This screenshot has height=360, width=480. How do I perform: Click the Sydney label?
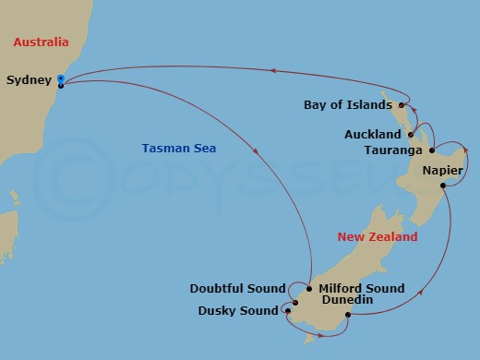(x=28, y=80)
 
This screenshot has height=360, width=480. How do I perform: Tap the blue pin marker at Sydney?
(x=61, y=83)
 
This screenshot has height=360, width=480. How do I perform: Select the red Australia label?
(x=41, y=42)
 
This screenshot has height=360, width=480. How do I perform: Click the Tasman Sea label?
(x=173, y=149)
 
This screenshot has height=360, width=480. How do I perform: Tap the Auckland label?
(x=372, y=135)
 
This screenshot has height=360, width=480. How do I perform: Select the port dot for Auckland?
(x=409, y=135)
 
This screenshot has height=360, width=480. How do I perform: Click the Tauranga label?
(x=393, y=150)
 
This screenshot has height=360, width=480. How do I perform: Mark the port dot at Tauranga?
(x=434, y=150)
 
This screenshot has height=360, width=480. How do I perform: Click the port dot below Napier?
(x=444, y=186)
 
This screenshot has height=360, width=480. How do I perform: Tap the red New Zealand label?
(x=377, y=237)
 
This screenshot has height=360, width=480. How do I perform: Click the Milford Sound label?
(x=361, y=289)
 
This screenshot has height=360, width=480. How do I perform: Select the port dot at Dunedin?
(x=347, y=316)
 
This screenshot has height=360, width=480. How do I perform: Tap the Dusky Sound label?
(x=238, y=310)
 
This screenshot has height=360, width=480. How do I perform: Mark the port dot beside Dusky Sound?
(x=287, y=310)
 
